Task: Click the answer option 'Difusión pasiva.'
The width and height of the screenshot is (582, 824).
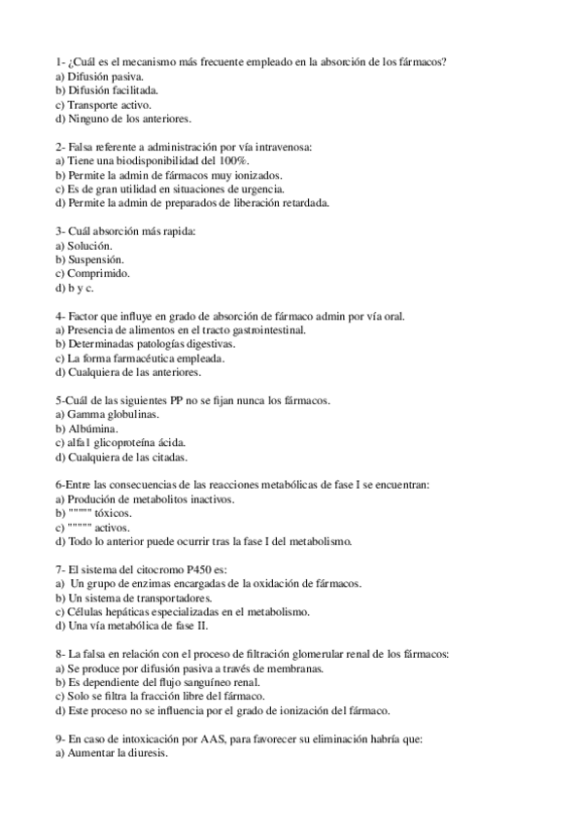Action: pyautogui.click(x=105, y=76)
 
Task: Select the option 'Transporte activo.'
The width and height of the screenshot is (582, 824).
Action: pyautogui.click(x=109, y=104)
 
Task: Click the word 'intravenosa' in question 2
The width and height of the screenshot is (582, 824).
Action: pyautogui.click(x=277, y=147)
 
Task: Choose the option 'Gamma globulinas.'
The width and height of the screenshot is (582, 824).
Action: pyautogui.click(x=113, y=414)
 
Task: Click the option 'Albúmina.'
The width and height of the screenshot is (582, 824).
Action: pyautogui.click(x=93, y=429)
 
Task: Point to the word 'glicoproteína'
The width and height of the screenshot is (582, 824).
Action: pyautogui.click(x=138, y=442)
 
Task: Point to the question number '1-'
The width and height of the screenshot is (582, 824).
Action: pyautogui.click(x=60, y=62)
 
